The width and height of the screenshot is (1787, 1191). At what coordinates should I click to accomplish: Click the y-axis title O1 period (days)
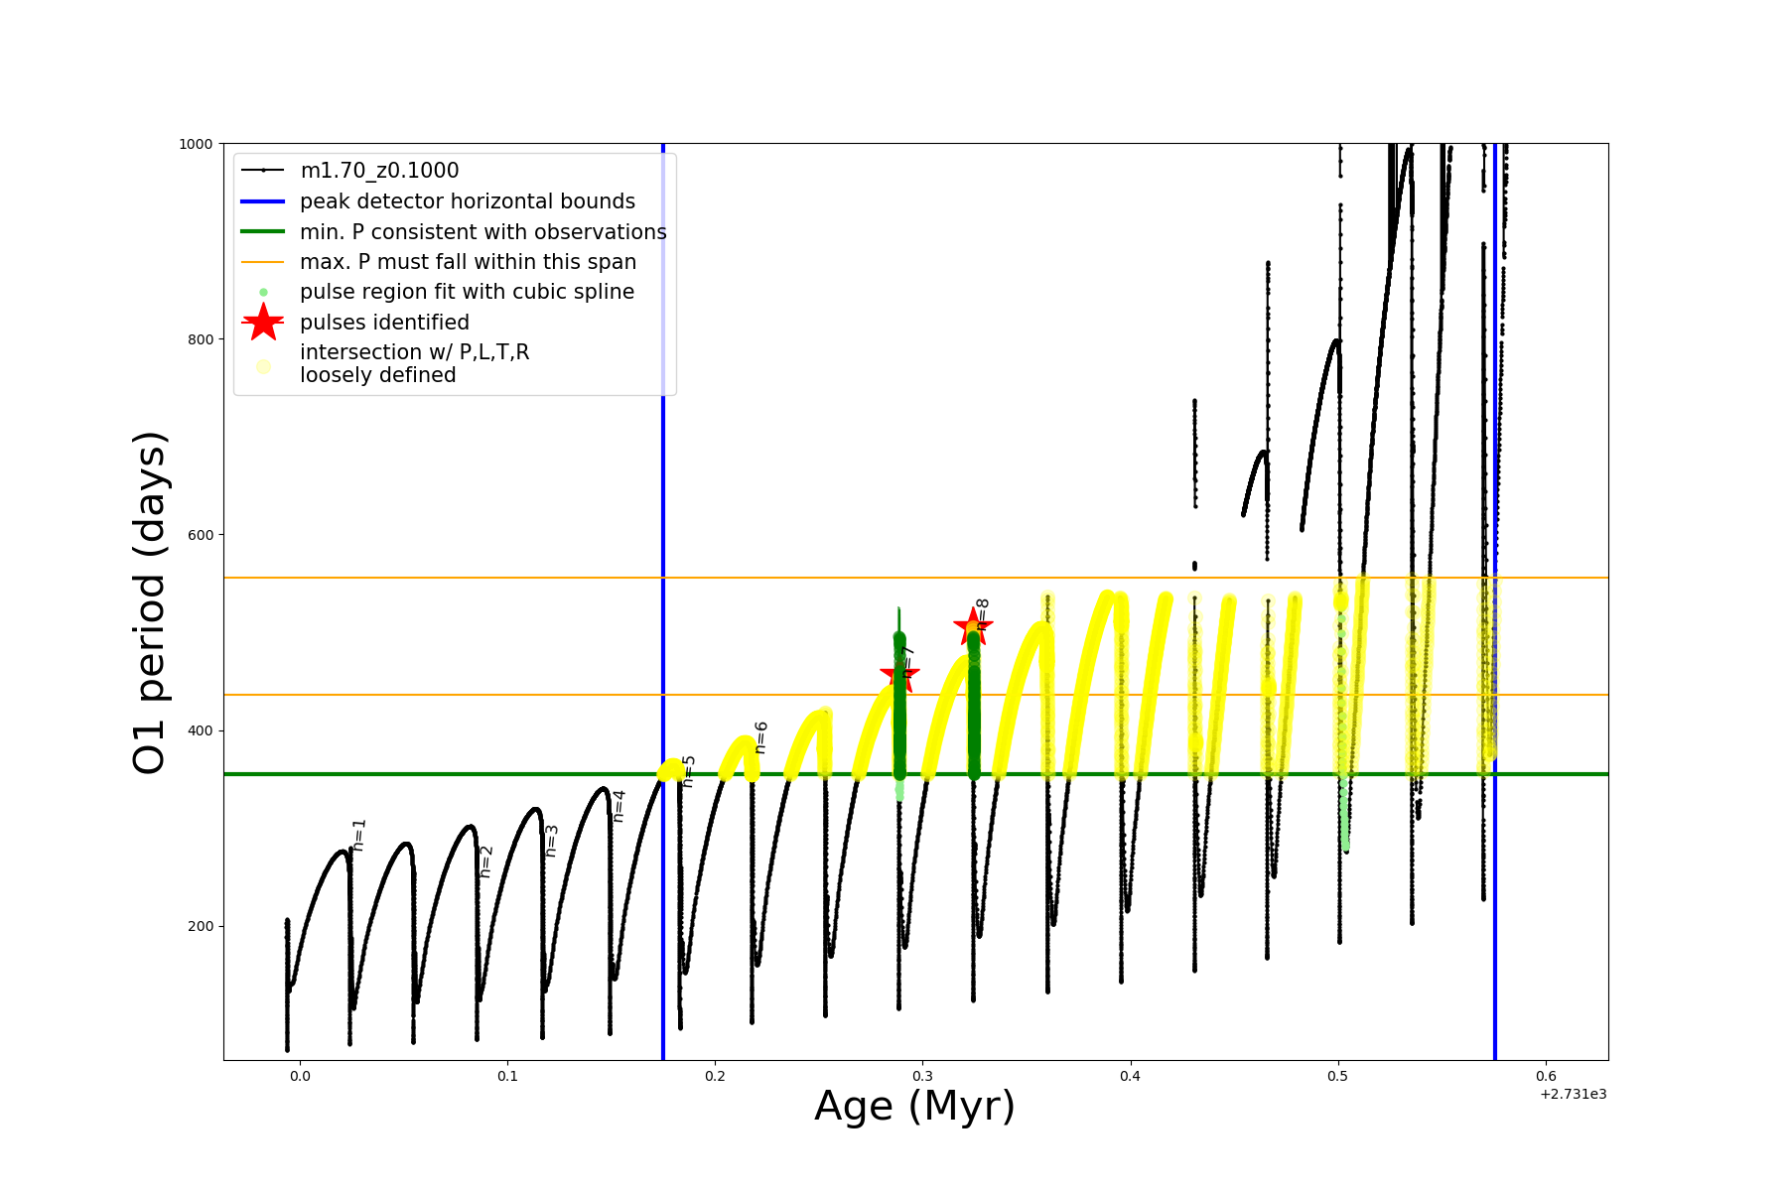click(151, 602)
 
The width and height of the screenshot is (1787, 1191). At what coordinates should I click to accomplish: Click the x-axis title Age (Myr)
click(914, 1106)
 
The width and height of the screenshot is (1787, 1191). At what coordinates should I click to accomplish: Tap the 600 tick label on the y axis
click(200, 535)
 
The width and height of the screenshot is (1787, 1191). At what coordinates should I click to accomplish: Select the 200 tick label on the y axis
click(200, 926)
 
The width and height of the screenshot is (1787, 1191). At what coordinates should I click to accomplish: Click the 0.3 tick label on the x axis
click(922, 1076)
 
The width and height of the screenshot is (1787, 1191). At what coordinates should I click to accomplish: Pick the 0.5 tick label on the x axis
click(1337, 1076)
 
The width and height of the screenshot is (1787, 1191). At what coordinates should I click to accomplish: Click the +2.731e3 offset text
click(1573, 1094)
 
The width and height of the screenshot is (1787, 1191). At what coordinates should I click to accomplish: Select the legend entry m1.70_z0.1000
click(379, 171)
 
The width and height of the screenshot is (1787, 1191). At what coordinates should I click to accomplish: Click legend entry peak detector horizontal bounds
click(467, 201)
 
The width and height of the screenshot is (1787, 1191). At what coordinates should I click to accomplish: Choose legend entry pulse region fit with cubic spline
click(467, 292)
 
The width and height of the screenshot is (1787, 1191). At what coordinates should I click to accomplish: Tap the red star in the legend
click(263, 323)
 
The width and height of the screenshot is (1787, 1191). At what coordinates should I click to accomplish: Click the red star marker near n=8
click(973, 626)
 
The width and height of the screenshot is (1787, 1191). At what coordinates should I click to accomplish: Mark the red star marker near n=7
click(899, 675)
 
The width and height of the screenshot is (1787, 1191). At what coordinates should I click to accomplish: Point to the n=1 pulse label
click(359, 835)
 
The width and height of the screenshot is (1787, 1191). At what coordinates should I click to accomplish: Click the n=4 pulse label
click(619, 805)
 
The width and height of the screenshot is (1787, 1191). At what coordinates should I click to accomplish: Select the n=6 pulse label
click(761, 737)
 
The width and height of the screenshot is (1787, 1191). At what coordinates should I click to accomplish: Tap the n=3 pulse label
click(552, 841)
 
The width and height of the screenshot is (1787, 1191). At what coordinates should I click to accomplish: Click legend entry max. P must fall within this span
click(468, 262)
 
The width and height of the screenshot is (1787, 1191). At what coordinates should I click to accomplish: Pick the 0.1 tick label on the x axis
click(507, 1076)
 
